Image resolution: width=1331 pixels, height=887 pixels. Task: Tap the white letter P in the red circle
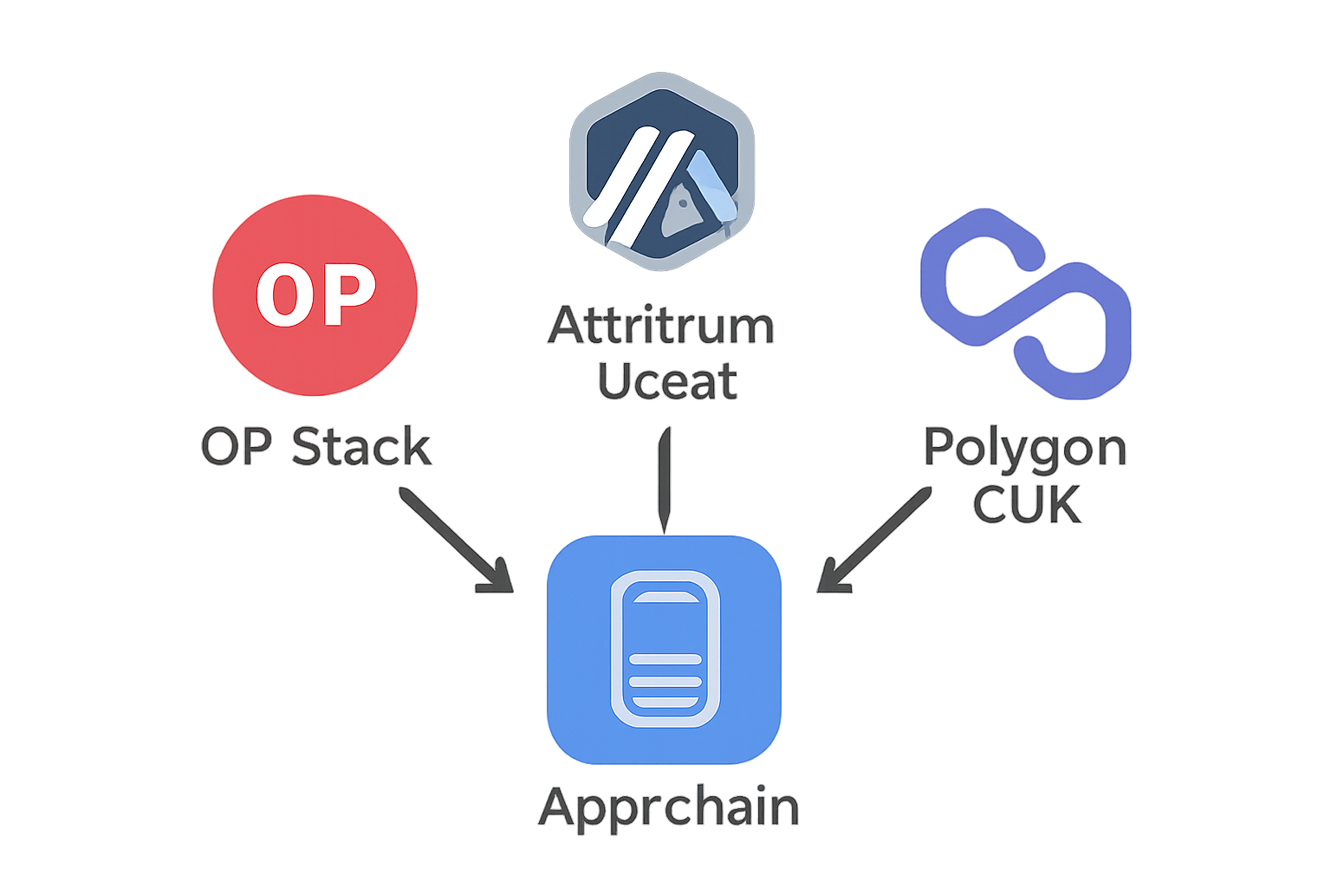(x=349, y=295)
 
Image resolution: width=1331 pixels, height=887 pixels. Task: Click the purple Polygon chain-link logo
(x=1025, y=303)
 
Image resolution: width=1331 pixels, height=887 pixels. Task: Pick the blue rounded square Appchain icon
(x=665, y=650)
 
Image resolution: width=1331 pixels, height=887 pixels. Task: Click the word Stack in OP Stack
(x=361, y=448)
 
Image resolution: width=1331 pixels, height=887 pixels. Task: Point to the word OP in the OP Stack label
(x=236, y=448)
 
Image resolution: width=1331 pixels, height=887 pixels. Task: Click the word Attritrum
(x=661, y=327)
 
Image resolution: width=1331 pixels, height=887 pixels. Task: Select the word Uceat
(x=667, y=382)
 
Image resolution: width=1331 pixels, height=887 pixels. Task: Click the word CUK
(x=1027, y=505)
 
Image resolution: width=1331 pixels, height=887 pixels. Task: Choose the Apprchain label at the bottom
(x=668, y=808)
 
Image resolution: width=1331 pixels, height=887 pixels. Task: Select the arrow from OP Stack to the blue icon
(x=452, y=537)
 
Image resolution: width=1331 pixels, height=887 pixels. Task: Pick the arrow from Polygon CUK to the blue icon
(x=875, y=539)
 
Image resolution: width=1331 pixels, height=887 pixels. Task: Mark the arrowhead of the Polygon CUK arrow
(x=832, y=579)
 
